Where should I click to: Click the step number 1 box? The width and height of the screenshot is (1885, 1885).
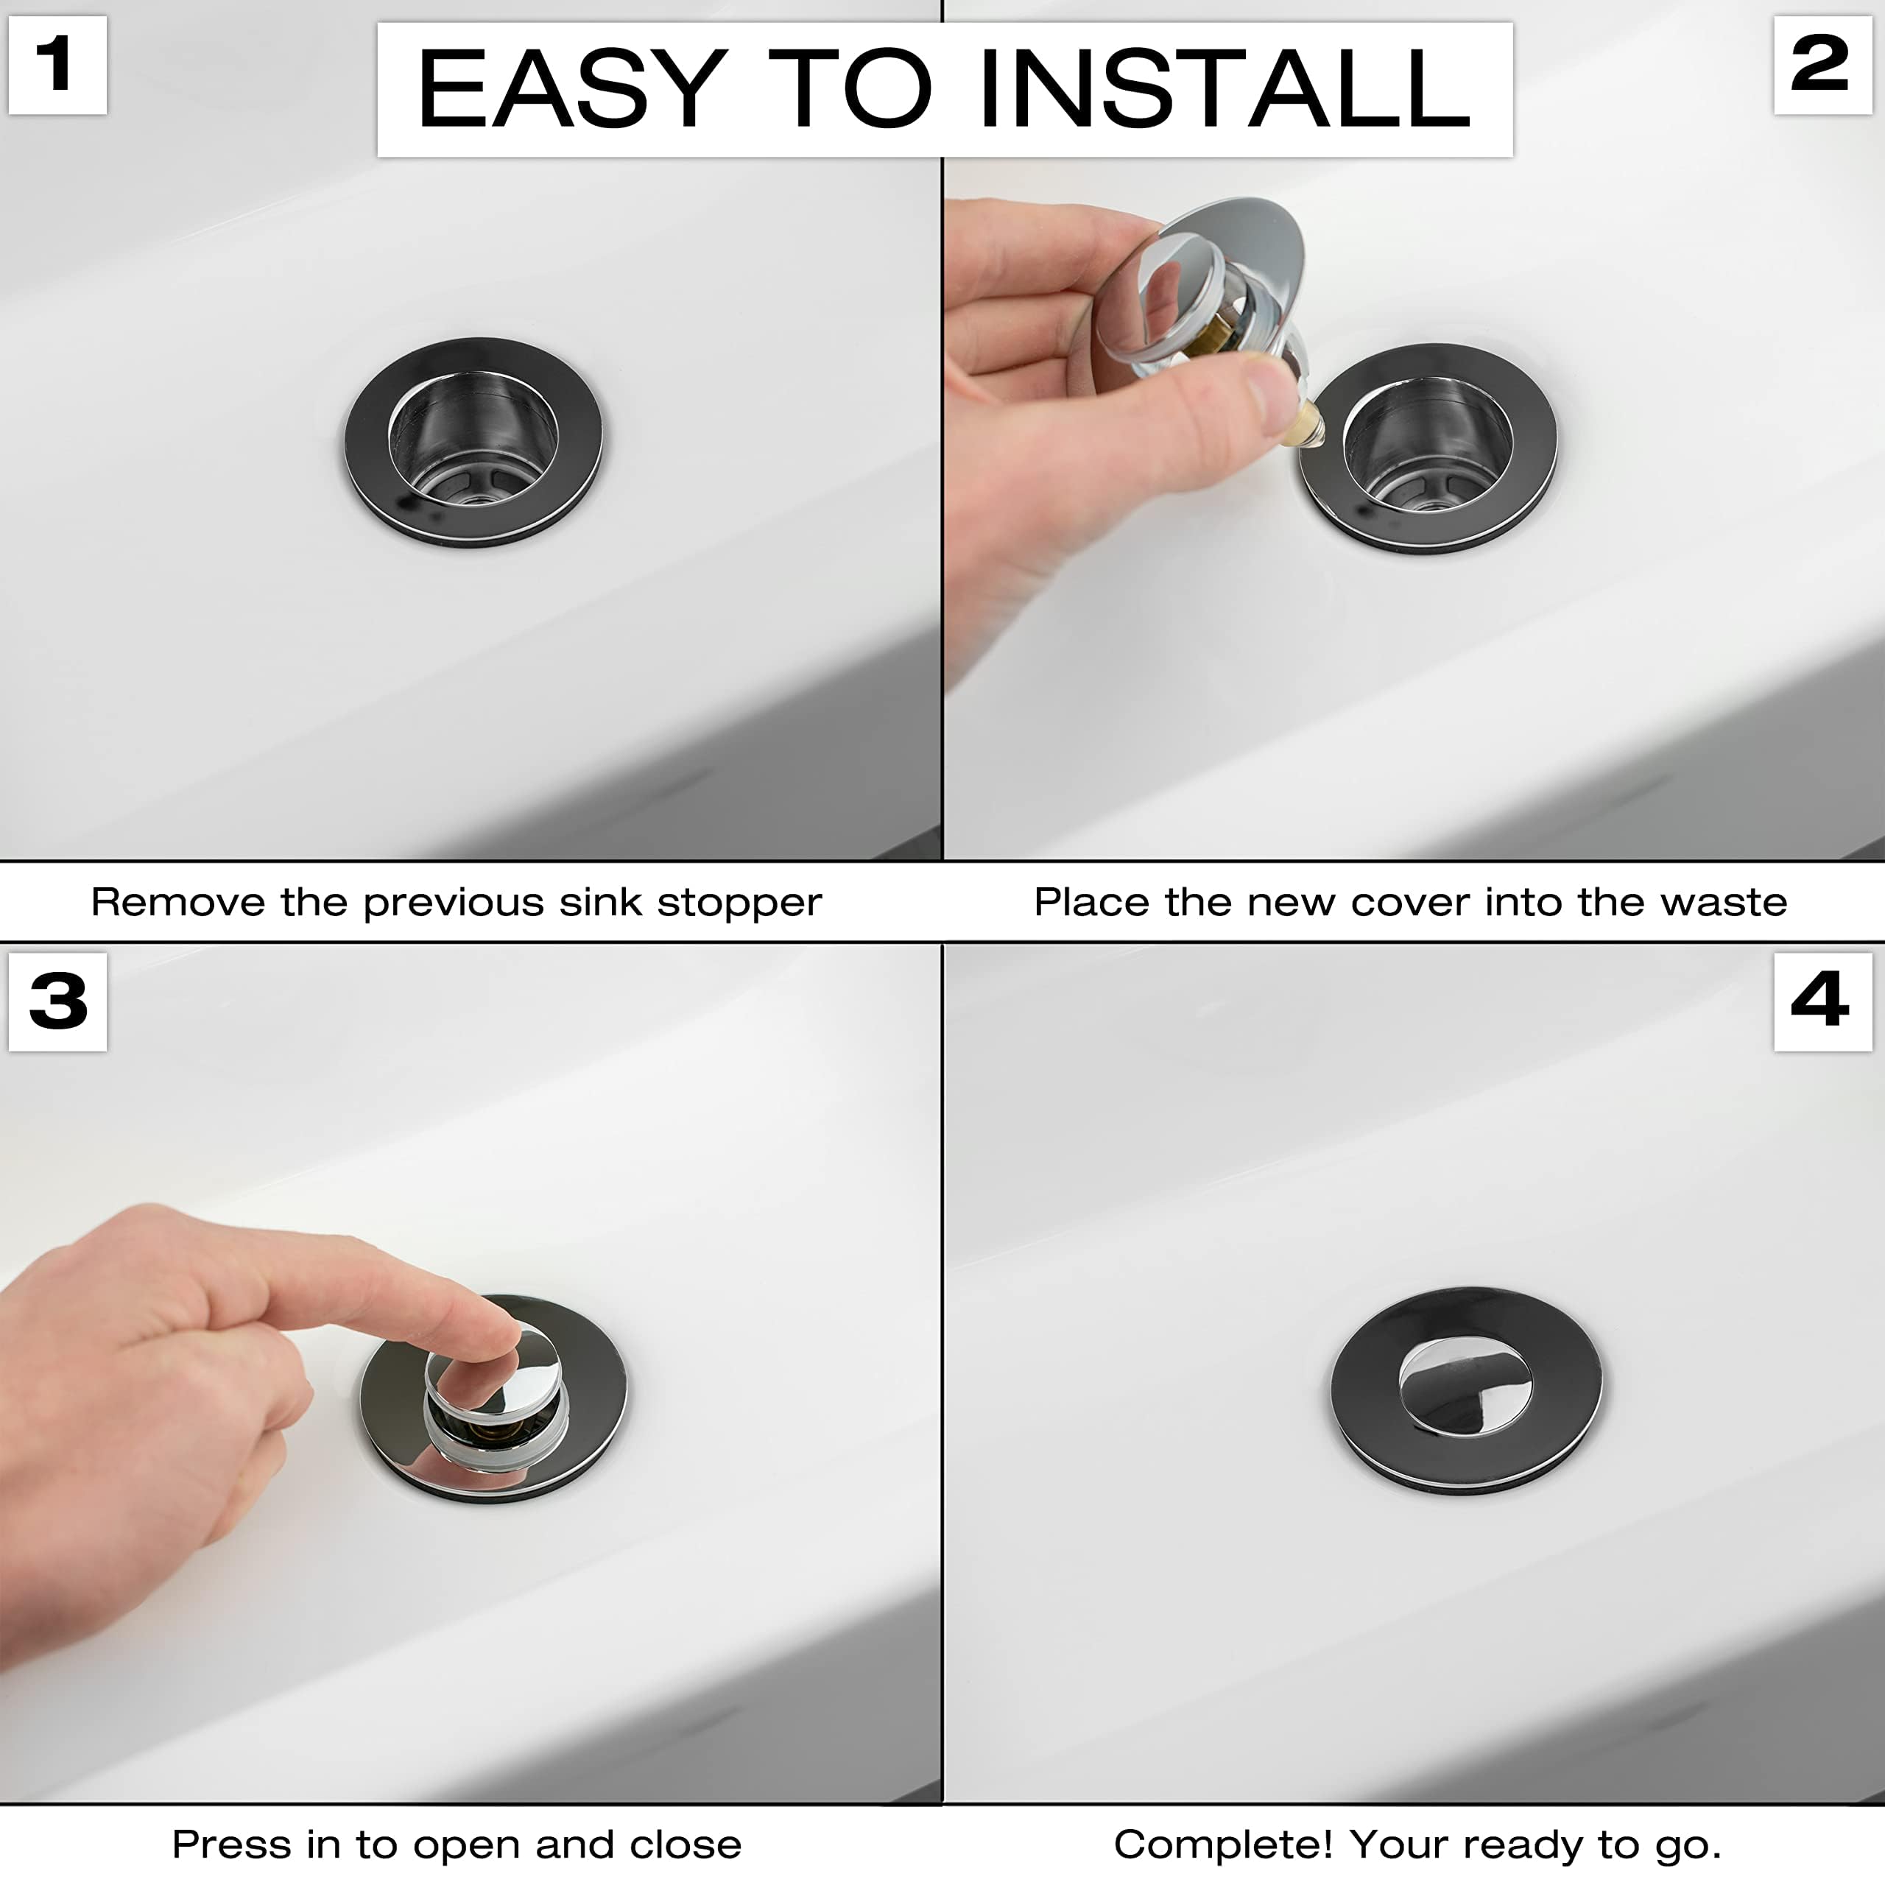[x=57, y=66]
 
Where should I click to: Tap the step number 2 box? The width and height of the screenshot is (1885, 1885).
[x=1822, y=66]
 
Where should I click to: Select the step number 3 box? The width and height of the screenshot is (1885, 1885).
[x=57, y=1002]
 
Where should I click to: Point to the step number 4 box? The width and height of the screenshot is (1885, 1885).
[x=1822, y=1002]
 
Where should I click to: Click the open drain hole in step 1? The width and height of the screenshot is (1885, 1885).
[x=473, y=439]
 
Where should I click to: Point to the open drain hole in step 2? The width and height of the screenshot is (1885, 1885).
[x=1428, y=445]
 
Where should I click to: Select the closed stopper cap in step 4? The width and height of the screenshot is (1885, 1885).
[x=1465, y=1387]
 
